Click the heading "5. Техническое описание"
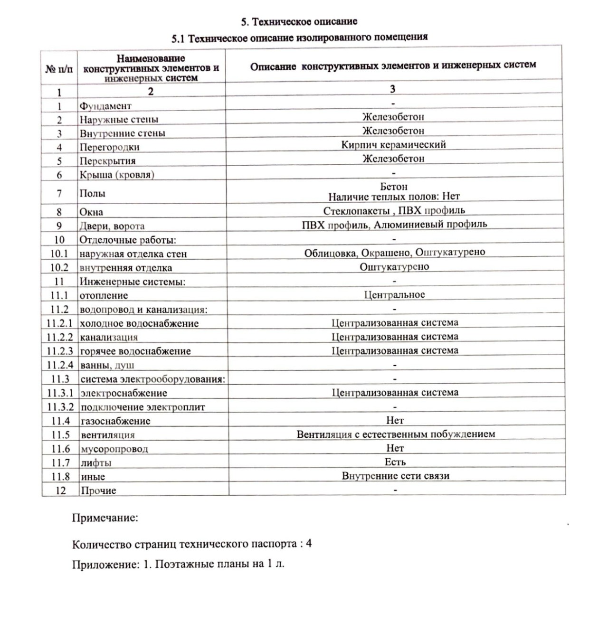[x=299, y=21]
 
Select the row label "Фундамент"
[x=105, y=106]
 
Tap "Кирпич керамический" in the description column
[x=393, y=145]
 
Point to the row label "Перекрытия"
[x=108, y=161]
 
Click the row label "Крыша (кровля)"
[x=117, y=175]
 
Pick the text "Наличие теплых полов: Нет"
[x=394, y=197]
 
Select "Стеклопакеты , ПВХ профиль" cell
[x=394, y=211]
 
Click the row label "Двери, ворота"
[x=112, y=226]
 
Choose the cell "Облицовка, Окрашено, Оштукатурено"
[x=395, y=253]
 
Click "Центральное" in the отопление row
[x=394, y=295]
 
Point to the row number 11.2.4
[x=60, y=365]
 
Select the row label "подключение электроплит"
[x=143, y=407]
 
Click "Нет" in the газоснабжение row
[x=395, y=421]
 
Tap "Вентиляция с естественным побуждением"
[x=396, y=434]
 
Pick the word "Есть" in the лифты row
[x=395, y=462]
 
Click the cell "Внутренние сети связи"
[x=395, y=476]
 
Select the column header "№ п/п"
[x=59, y=69]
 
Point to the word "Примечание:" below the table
[x=105, y=518]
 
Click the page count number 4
[x=309, y=544]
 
